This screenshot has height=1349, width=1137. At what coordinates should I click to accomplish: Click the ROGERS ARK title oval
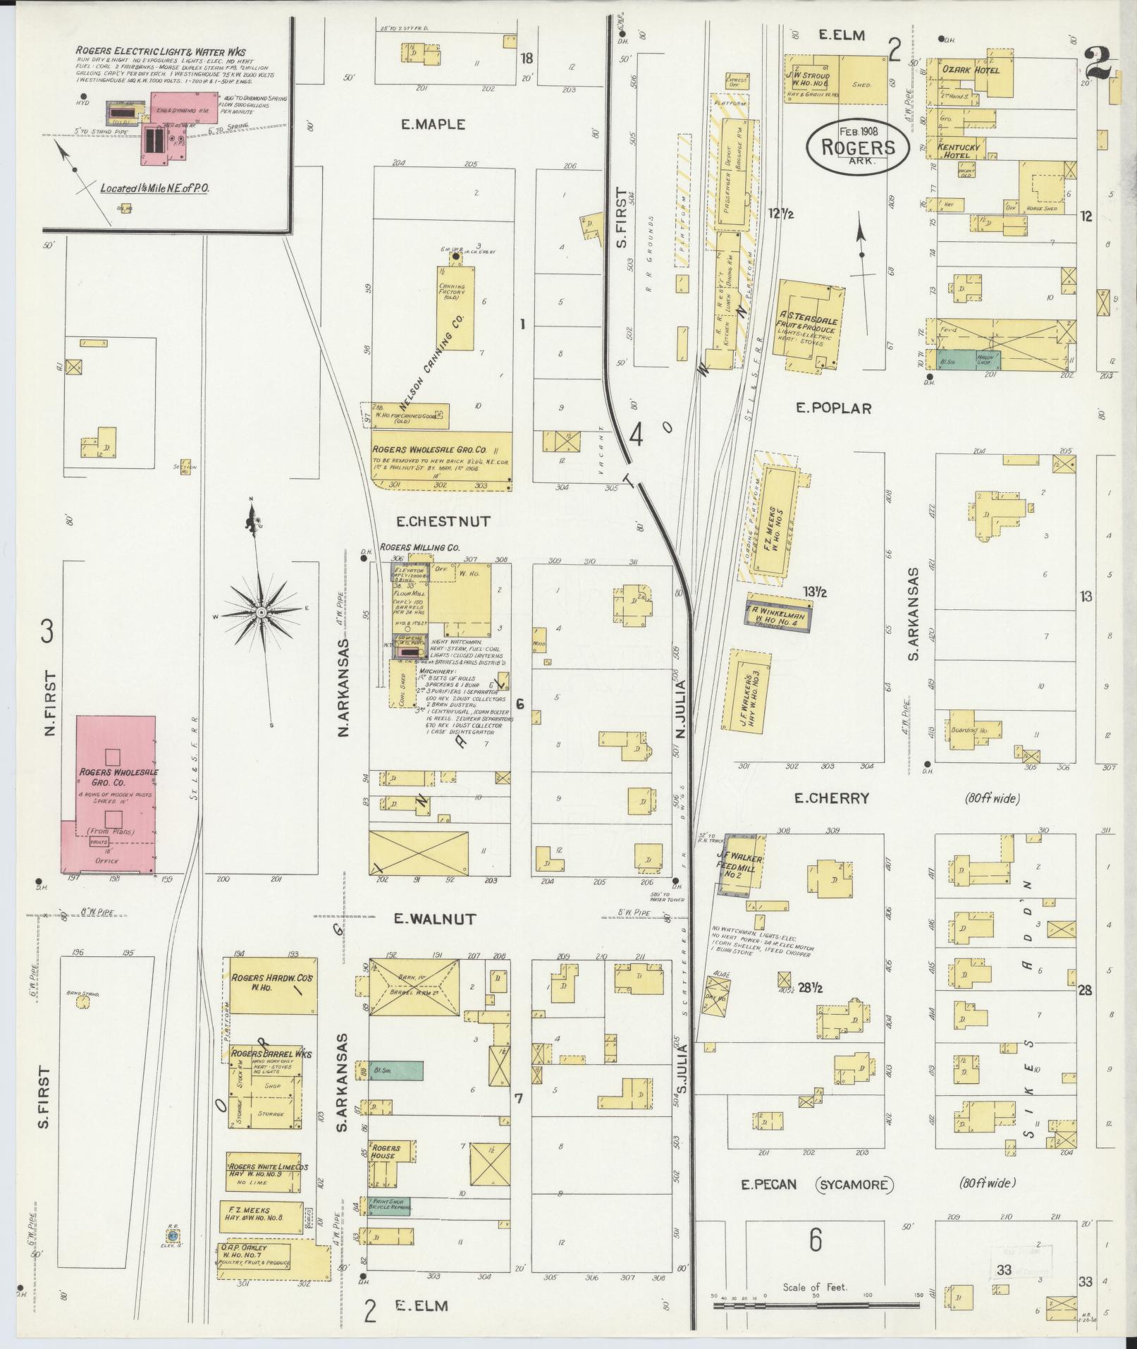(857, 146)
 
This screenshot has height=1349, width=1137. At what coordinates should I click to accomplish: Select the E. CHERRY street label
(831, 798)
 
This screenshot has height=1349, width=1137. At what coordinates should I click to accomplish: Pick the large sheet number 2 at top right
(1097, 63)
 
